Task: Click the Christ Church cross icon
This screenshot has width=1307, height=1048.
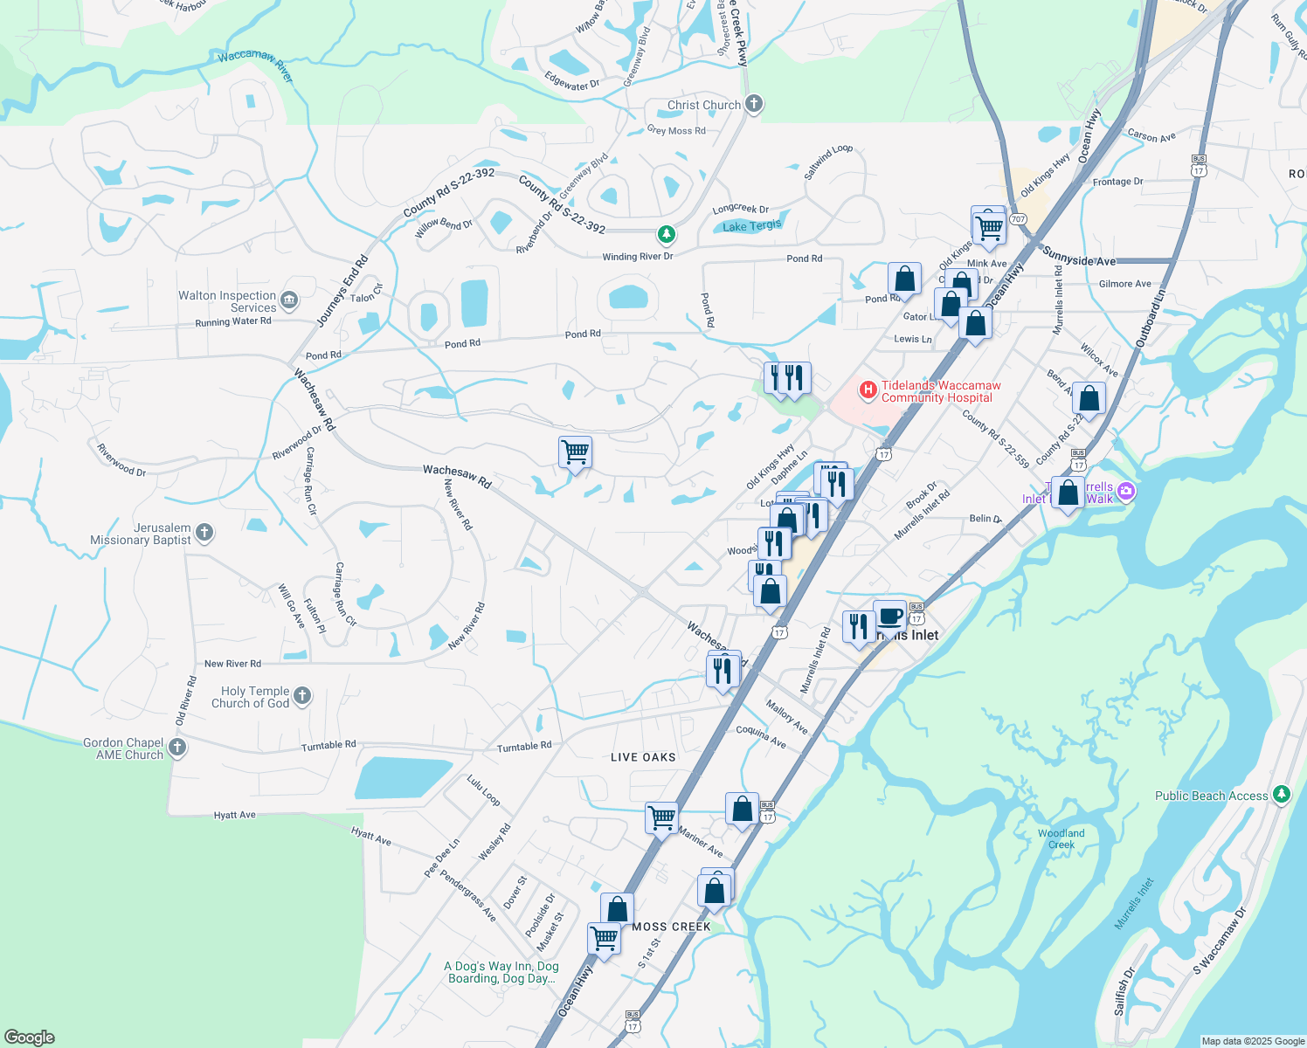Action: pyautogui.click(x=753, y=105)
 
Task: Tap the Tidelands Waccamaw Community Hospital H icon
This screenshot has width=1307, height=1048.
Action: pyautogui.click(x=868, y=390)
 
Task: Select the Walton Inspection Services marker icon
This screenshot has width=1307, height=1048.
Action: pyautogui.click(x=289, y=301)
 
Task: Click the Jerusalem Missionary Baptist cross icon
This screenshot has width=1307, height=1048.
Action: pyautogui.click(x=204, y=532)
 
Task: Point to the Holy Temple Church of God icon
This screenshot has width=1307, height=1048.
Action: pyautogui.click(x=301, y=696)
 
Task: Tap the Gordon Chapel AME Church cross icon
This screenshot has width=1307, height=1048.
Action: pyautogui.click(x=176, y=748)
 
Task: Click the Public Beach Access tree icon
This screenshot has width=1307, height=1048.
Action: pyautogui.click(x=1281, y=795)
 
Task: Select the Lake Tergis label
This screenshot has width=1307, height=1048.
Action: pyautogui.click(x=751, y=226)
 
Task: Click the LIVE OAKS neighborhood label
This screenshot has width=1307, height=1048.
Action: pyautogui.click(x=643, y=757)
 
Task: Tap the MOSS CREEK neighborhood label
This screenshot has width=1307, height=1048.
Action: pyautogui.click(x=671, y=927)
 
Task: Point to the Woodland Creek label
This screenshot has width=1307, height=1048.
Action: pyautogui.click(x=1062, y=839)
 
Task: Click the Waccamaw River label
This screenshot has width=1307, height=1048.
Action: pyautogui.click(x=255, y=63)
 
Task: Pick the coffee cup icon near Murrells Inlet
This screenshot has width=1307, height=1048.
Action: pyautogui.click(x=889, y=616)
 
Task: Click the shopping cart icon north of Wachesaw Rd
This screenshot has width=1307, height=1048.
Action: pyautogui.click(x=575, y=452)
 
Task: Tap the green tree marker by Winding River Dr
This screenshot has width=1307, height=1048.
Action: pyautogui.click(x=666, y=234)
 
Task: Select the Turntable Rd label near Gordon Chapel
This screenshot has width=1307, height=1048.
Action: pyautogui.click(x=328, y=746)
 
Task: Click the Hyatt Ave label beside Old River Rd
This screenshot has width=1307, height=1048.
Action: pyautogui.click(x=235, y=815)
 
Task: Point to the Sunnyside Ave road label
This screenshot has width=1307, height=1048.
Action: pyautogui.click(x=1079, y=257)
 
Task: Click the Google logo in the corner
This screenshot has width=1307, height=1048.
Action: pyautogui.click(x=30, y=1037)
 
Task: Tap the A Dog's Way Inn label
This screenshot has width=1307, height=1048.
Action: pyautogui.click(x=501, y=972)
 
